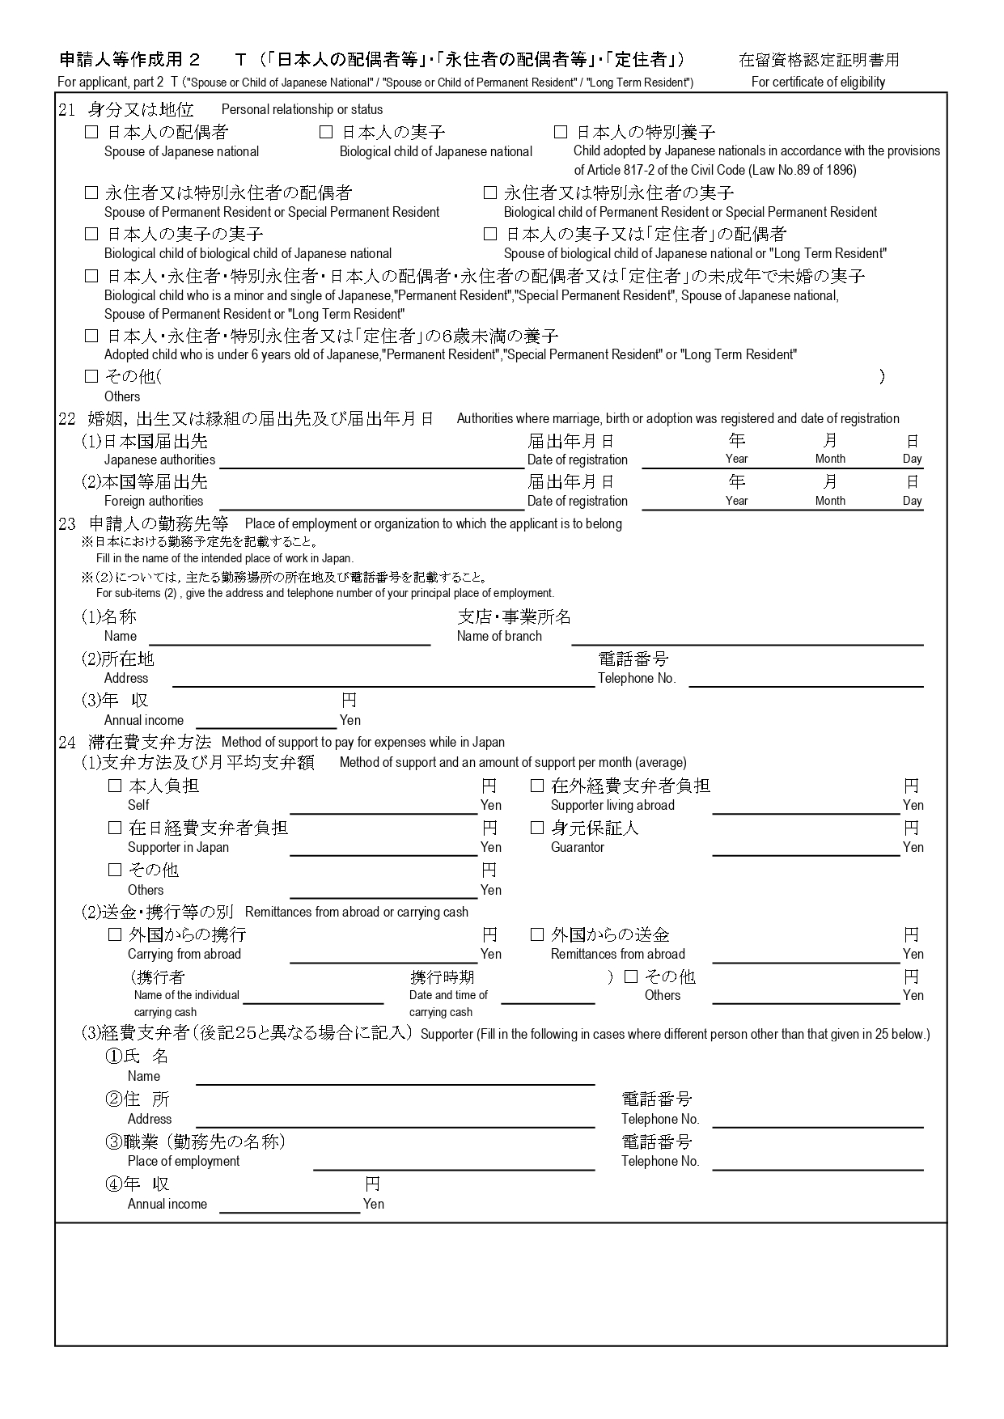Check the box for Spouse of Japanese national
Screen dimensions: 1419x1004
91,132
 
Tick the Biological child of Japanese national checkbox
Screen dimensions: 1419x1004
326,132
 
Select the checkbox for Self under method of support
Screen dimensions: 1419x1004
115,786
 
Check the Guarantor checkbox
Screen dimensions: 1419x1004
537,828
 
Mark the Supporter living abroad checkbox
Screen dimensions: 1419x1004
537,786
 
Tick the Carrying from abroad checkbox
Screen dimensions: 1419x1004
115,934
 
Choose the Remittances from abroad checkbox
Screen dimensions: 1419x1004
537,934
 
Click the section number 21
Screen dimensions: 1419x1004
67,110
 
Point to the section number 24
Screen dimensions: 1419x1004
67,742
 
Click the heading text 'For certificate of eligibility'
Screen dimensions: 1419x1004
818,82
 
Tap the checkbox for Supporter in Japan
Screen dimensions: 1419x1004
115,828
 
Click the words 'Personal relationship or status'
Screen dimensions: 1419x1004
302,110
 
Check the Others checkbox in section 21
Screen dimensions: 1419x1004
91,376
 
